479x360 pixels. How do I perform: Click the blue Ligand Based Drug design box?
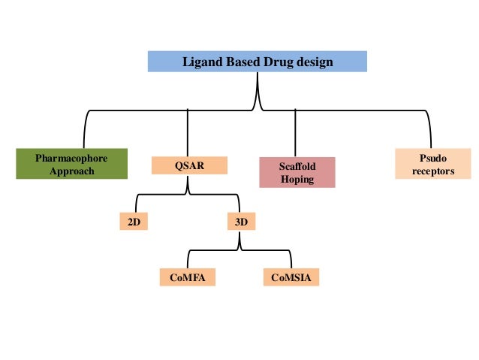point(257,62)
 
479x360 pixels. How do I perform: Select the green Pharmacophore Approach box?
point(71,165)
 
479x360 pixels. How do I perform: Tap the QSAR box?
point(189,165)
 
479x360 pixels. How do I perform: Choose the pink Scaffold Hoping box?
point(297,172)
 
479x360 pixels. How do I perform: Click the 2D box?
point(134,222)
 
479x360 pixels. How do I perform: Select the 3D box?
point(240,222)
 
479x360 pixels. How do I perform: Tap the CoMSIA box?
point(291,278)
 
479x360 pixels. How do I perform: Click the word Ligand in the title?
point(202,62)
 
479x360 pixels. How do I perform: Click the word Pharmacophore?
point(71,159)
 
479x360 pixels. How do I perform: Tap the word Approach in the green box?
point(71,171)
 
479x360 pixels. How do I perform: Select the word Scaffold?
point(297,166)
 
